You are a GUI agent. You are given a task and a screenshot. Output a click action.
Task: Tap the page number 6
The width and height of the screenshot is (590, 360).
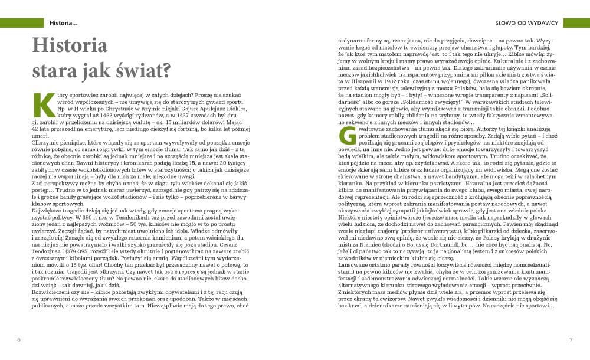(19, 339)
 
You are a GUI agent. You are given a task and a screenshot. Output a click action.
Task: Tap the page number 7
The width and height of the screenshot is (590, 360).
(571, 339)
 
